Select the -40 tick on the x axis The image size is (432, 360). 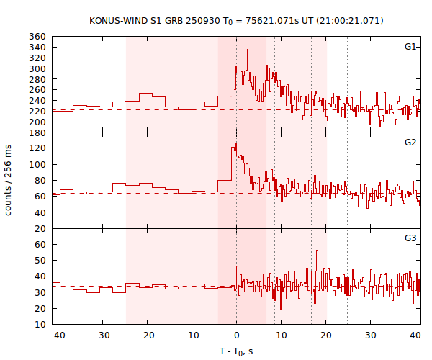tap(58, 336)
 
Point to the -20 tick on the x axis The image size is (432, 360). tap(147, 336)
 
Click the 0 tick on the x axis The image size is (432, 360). tap(237, 336)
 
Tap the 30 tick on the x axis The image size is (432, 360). tap(370, 336)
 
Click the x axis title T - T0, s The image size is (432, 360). tap(237, 351)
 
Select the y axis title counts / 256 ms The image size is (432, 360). tap(9, 181)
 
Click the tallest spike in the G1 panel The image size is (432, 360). tap(247, 50)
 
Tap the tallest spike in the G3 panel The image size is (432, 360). tap(317, 251)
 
